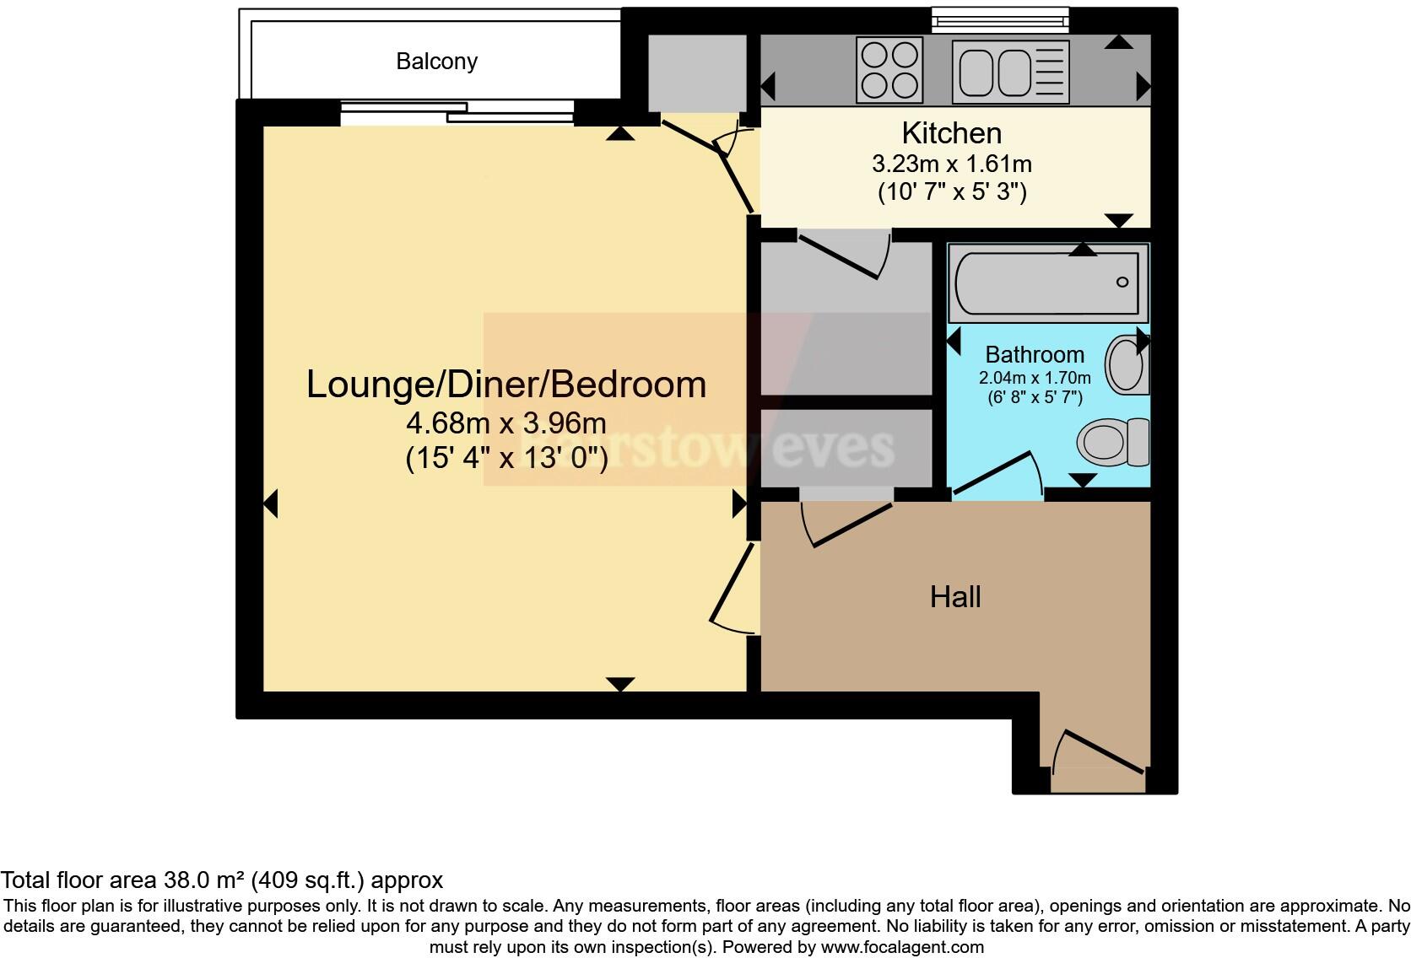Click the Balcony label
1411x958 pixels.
(x=436, y=62)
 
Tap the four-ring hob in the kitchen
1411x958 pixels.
(x=889, y=70)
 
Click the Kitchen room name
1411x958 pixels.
(x=951, y=133)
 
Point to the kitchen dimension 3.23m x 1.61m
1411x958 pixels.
(x=951, y=164)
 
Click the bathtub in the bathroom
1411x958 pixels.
(x=1048, y=283)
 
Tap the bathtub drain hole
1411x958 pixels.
(x=1122, y=282)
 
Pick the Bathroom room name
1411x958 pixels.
(x=1034, y=355)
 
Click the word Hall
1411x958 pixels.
(x=954, y=597)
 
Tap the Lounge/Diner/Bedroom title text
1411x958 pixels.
(x=505, y=385)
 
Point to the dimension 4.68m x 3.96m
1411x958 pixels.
(x=505, y=422)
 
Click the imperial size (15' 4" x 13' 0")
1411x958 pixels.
(x=505, y=458)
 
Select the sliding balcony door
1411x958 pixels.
(x=457, y=112)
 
